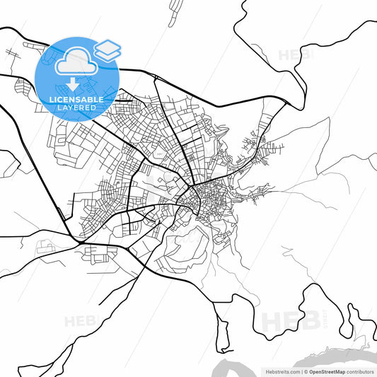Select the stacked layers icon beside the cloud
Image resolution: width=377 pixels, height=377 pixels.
point(107,49)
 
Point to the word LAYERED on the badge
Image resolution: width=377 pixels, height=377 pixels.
point(78,109)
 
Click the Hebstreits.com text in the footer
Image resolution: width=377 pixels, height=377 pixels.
point(280,371)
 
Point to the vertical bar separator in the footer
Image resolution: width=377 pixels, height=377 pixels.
point(301,371)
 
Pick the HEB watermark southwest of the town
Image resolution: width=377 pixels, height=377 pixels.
point(82,321)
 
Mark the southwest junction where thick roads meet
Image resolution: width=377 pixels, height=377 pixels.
point(83,244)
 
